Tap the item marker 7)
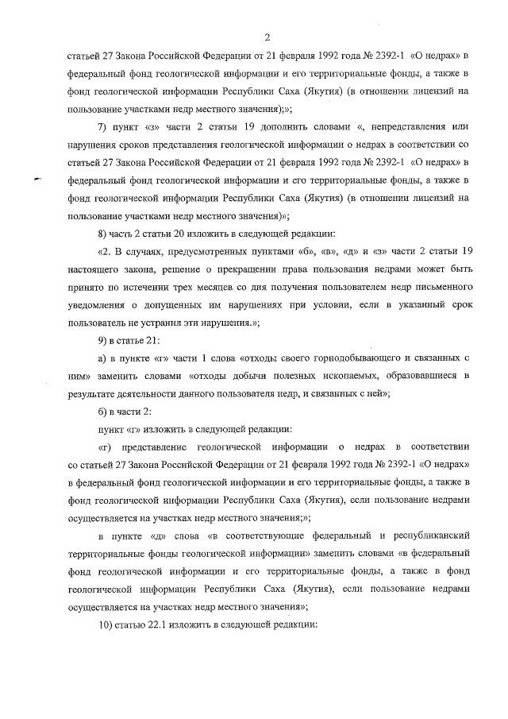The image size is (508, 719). tap(102, 127)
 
